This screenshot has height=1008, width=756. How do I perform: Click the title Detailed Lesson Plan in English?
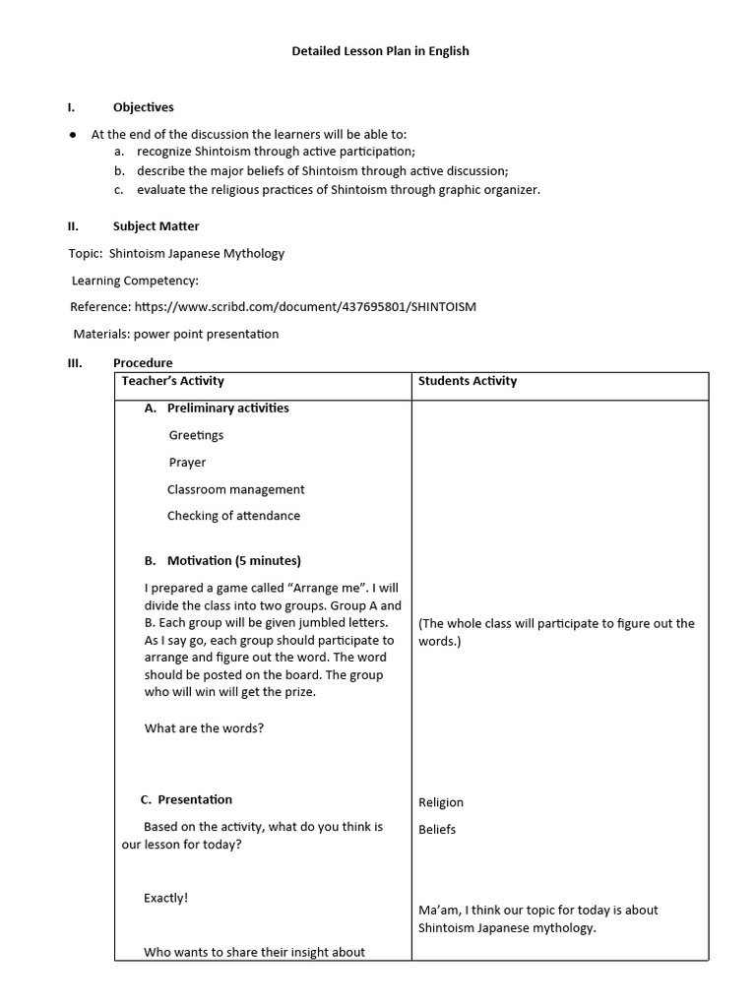point(380,51)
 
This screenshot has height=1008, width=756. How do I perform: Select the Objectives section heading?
point(143,107)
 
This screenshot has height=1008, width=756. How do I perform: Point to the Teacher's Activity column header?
point(172,381)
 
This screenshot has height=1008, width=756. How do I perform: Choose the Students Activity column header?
point(468,381)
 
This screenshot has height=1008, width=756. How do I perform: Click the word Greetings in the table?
point(196,435)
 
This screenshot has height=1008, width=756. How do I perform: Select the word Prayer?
point(187,463)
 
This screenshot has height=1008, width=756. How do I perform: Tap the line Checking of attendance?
point(233,516)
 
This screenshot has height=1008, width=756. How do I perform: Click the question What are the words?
point(204,729)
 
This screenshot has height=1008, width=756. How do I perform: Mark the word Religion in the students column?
point(441,802)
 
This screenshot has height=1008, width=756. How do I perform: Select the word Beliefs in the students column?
point(437,830)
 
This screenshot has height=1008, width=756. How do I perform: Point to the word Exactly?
point(165,898)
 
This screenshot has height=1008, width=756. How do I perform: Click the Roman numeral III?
point(73,363)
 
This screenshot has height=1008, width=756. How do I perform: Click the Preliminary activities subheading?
point(227,409)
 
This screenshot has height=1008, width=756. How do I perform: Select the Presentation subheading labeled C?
point(195,800)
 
